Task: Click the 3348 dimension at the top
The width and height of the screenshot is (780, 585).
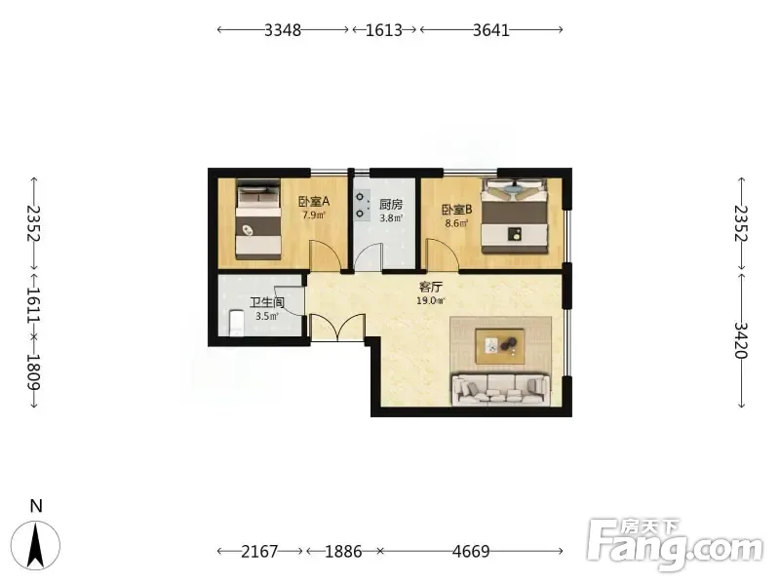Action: click(283, 30)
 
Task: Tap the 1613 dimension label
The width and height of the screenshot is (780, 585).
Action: click(383, 30)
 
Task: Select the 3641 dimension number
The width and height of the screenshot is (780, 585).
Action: click(491, 30)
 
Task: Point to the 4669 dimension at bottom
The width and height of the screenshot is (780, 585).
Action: click(471, 551)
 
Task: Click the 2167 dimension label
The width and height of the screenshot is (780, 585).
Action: click(259, 551)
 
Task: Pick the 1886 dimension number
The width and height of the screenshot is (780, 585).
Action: click(343, 551)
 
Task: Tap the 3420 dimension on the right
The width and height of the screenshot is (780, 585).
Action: click(741, 340)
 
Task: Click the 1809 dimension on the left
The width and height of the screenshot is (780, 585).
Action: click(33, 371)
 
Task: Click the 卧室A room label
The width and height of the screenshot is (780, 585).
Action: click(314, 202)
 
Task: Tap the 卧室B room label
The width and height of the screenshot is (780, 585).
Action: click(456, 210)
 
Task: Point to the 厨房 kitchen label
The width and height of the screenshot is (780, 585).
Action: click(391, 204)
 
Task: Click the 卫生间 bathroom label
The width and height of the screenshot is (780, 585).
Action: click(266, 302)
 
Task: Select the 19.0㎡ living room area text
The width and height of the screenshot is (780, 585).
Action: click(431, 300)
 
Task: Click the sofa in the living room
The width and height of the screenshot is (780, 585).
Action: click(501, 388)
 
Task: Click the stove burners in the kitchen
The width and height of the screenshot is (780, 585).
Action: click(361, 206)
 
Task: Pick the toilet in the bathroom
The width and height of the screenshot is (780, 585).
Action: click(236, 323)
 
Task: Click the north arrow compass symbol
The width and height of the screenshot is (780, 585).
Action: click(36, 546)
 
